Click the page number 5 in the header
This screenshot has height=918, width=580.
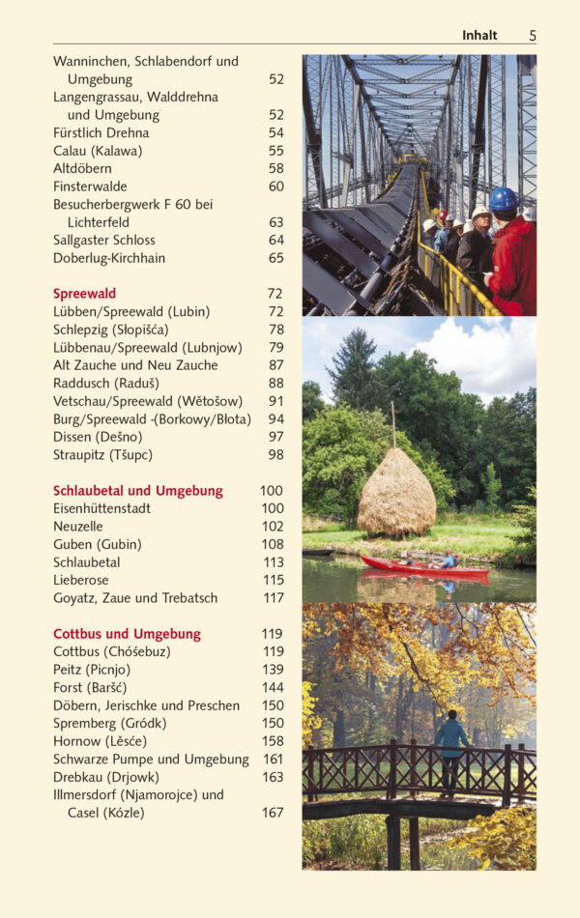(532, 36)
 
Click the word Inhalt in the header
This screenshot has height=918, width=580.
(479, 36)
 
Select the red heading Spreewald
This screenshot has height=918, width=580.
(84, 294)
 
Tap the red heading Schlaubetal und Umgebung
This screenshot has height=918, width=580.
(137, 491)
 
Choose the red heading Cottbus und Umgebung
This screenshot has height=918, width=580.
(127, 634)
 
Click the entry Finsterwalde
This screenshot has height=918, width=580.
(90, 186)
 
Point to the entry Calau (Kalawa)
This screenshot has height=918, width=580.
(97, 151)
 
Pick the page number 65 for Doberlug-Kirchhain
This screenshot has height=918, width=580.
(276, 258)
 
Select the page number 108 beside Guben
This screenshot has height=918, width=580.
(273, 544)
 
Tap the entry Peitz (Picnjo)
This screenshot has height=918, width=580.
(92, 670)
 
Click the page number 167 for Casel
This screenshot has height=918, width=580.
(273, 813)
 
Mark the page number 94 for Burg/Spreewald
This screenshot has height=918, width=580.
(276, 419)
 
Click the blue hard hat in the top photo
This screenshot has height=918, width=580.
(503, 199)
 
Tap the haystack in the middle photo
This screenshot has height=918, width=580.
(396, 494)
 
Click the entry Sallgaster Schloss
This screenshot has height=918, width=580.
(103, 241)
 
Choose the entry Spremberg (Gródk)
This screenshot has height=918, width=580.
(109, 724)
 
